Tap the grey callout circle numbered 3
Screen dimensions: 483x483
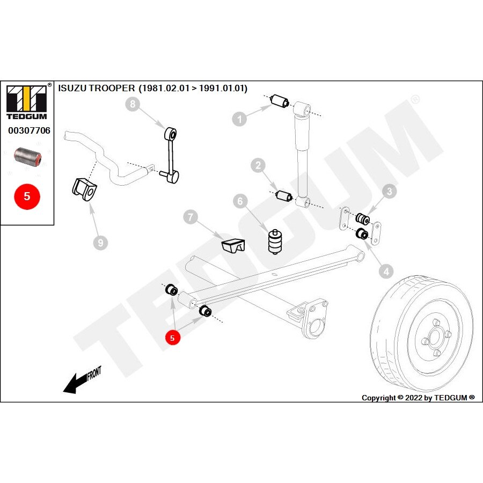point(390,191)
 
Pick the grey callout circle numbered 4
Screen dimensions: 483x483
point(385,273)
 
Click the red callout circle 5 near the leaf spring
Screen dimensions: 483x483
point(172,338)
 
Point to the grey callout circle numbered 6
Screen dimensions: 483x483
point(240,201)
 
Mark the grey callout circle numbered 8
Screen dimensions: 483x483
point(133,104)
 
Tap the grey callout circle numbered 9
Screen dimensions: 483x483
point(99,243)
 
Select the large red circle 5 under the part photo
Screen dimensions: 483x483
point(27,196)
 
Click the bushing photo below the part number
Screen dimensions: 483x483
point(27,157)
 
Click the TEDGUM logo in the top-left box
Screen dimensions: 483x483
point(27,103)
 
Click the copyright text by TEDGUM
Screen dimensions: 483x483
point(418,398)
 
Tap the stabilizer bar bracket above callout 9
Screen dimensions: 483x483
point(85,190)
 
